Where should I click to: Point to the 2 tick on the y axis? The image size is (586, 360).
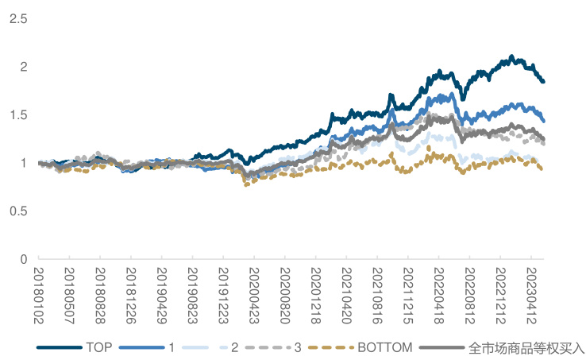click(x=24, y=67)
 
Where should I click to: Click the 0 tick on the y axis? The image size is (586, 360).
click(x=24, y=259)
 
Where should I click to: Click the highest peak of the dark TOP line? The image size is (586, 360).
click(x=511, y=56)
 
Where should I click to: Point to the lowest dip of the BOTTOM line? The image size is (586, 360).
click(x=246, y=184)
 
